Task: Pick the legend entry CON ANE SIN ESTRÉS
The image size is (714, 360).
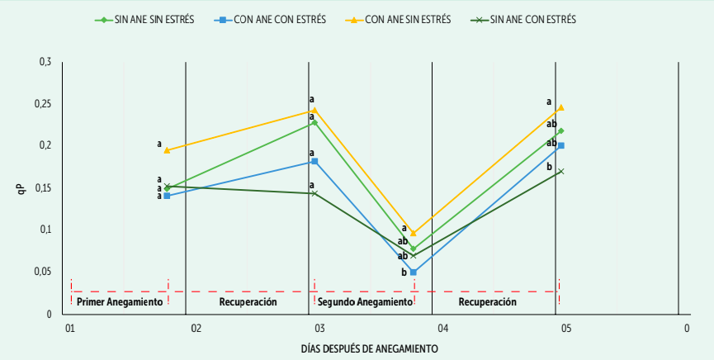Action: pos(404,19)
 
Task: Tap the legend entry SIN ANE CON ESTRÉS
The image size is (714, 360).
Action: pos(533,19)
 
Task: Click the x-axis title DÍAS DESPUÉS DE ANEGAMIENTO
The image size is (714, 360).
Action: pos(369,348)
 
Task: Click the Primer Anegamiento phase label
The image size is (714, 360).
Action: pos(120,302)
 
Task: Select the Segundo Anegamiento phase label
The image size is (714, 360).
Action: pos(365,302)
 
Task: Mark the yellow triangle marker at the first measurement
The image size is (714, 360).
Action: pos(167,150)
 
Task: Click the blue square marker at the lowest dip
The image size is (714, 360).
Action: pos(413,272)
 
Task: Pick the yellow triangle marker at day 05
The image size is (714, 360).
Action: pos(560,107)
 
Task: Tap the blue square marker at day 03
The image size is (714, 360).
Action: pos(314,161)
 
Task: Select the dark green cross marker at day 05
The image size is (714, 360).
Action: pos(560,172)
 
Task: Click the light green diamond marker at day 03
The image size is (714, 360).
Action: pos(314,123)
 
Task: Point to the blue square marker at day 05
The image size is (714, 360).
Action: pos(560,145)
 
